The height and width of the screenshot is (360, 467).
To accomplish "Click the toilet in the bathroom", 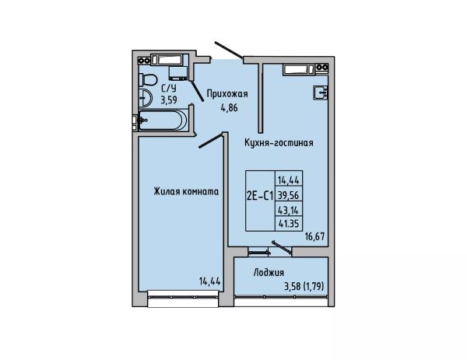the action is [148, 80].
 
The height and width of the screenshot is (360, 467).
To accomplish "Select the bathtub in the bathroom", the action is [163, 120].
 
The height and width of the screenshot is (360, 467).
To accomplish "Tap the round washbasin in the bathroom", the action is [146, 97].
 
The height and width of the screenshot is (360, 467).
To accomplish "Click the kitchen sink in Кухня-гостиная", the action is [321, 93].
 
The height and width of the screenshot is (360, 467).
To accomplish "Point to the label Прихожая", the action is [227, 94].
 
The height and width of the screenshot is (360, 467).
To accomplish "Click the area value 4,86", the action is [229, 107].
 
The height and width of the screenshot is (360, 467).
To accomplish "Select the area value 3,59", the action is [169, 100].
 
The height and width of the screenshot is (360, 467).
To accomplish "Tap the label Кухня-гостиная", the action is [279, 143].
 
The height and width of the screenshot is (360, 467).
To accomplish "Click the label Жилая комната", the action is [186, 191].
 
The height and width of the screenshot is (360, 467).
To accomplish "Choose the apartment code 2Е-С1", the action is [260, 196].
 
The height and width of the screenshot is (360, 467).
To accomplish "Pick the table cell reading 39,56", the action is [288, 195].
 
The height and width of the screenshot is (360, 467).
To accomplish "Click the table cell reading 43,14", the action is [288, 211].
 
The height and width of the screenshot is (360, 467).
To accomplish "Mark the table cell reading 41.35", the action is [288, 223].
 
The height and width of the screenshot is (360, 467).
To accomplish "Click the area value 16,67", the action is [314, 237].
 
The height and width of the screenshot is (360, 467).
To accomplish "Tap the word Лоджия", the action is [269, 273].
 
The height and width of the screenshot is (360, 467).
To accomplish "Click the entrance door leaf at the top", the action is [228, 50].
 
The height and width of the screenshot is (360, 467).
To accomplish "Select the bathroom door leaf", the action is [197, 91].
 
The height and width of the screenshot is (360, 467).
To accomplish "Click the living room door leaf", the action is [211, 141].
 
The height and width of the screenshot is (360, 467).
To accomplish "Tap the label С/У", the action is [169, 88].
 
